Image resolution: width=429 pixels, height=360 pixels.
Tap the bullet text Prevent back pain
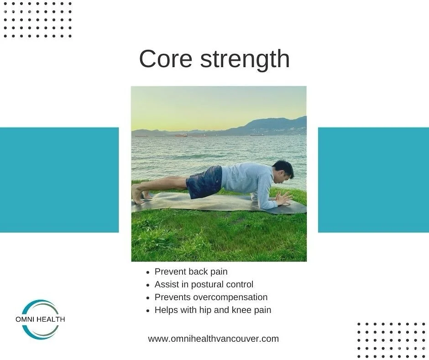pos(191,272)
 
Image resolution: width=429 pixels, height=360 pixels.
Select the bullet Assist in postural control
pos(204,285)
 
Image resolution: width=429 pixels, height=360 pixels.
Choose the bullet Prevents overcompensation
pos(211,297)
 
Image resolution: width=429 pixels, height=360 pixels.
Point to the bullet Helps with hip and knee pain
pos(213,310)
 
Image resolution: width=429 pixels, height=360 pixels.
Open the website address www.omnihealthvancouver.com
pos(213,339)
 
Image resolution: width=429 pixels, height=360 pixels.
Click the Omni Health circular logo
pos(40,319)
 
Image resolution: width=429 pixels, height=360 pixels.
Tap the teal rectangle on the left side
pos(59,180)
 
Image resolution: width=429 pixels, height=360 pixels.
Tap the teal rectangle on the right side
pos(373,180)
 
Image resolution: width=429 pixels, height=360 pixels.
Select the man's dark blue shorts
pos(204,182)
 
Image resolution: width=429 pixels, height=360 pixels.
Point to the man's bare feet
pos(138,194)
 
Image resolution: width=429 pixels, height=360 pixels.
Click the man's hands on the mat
pos(283,198)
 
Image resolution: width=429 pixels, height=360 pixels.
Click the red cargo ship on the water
pos(181,135)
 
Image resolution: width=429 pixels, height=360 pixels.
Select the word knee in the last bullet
pos(243,310)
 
